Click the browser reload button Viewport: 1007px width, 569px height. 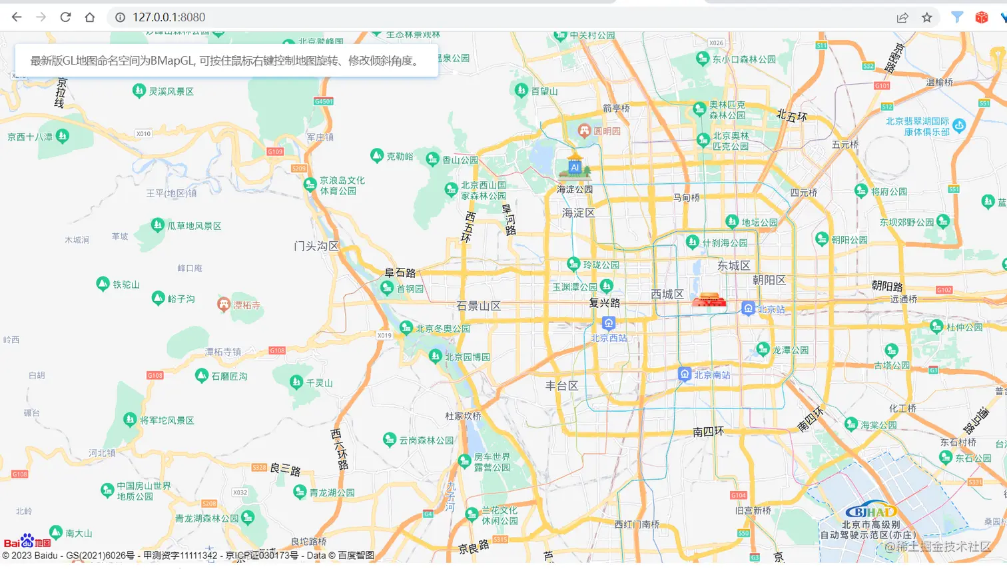click(65, 17)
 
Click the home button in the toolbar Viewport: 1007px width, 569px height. click(90, 17)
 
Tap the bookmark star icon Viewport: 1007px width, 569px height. click(926, 17)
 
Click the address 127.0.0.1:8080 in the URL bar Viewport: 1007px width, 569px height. click(168, 17)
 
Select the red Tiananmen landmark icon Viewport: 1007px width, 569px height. click(709, 299)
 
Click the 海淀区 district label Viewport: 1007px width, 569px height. click(578, 213)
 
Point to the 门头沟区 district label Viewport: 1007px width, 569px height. click(316, 246)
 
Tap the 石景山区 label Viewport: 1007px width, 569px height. click(478, 306)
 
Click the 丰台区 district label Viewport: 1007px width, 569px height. click(561, 385)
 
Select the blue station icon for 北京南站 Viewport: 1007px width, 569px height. click(684, 374)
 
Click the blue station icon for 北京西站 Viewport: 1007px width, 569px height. click(608, 323)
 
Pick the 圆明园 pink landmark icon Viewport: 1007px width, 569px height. click(584, 131)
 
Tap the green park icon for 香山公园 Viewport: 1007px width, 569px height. click(432, 159)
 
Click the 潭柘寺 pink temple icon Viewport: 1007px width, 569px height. click(224, 304)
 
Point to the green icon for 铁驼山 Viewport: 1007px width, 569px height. click(103, 284)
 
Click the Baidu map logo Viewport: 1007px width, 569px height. click(27, 541)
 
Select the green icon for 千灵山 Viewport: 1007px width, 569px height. click(296, 382)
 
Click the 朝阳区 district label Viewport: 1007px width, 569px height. click(769, 280)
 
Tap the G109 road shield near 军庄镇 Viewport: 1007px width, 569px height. click(275, 151)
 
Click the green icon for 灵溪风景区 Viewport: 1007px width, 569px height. click(139, 91)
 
